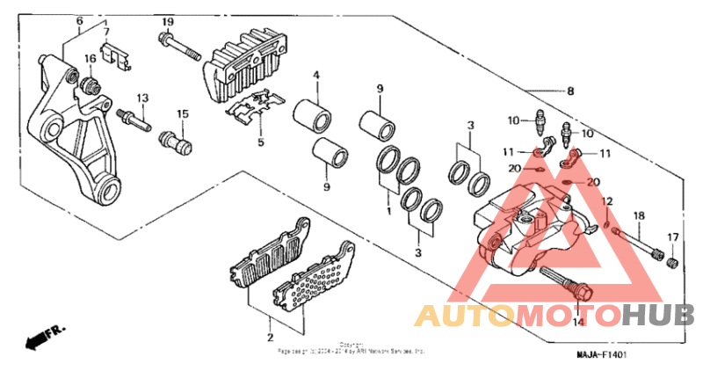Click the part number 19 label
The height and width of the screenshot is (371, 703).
click(167, 21)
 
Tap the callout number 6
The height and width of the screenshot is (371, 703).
click(79, 20)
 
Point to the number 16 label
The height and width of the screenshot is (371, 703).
click(90, 59)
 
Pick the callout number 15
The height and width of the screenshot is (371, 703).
click(183, 113)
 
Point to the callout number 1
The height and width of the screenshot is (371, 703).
click(388, 212)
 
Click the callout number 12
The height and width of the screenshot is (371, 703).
click(606, 202)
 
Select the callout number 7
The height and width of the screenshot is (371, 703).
click(107, 33)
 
